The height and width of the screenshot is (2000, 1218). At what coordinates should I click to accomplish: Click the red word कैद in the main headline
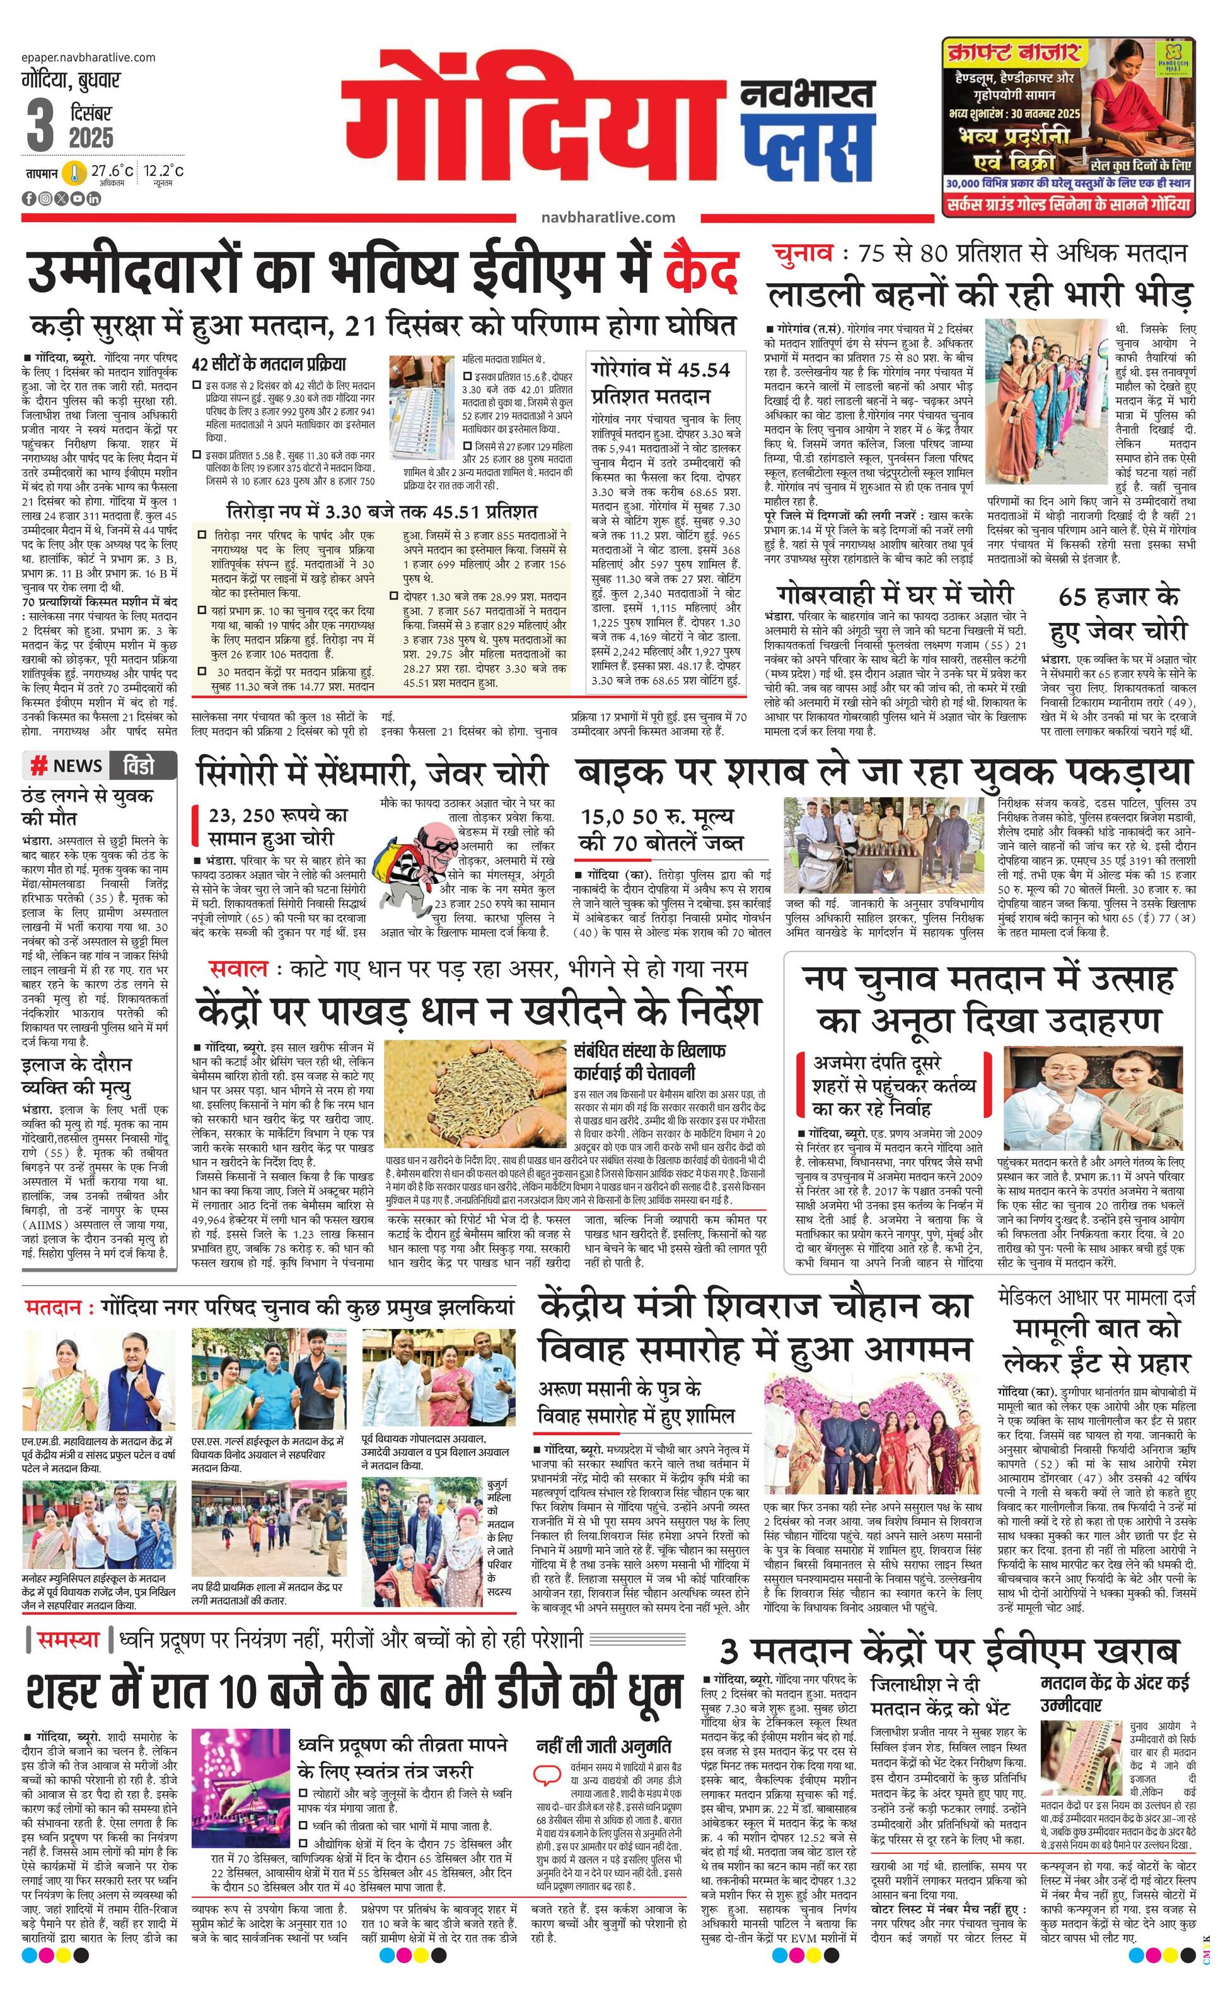pyautogui.click(x=700, y=272)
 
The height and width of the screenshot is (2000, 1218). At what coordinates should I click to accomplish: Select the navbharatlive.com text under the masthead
pyautogui.click(x=608, y=217)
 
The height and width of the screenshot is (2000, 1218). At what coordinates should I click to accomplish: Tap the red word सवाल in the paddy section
pyautogui.click(x=236, y=968)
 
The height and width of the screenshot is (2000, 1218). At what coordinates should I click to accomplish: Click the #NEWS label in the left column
pyautogui.click(x=67, y=765)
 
